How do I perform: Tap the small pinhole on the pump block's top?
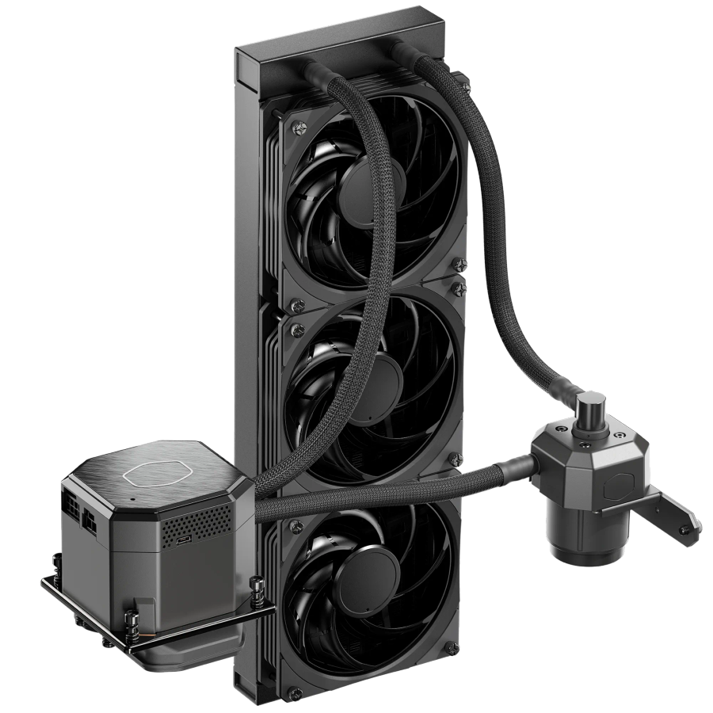coord(133,500)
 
